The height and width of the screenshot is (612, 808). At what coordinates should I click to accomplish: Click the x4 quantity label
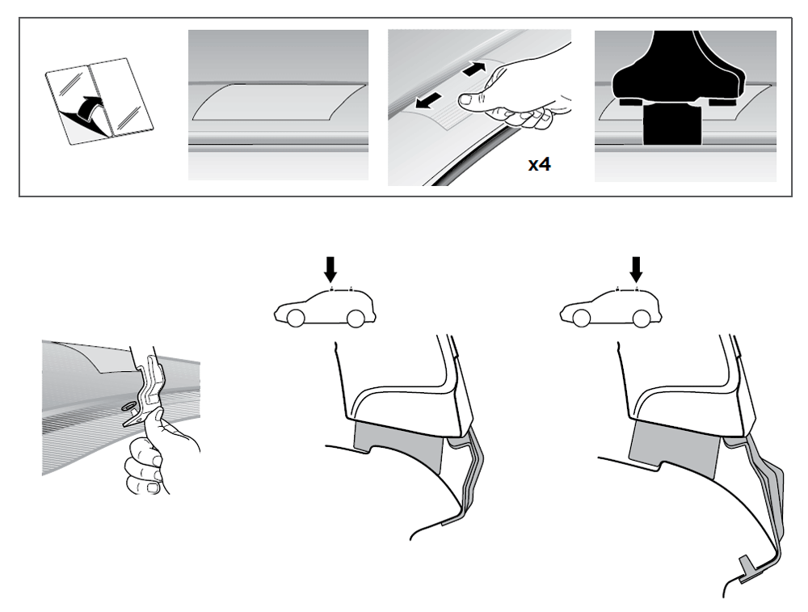539,164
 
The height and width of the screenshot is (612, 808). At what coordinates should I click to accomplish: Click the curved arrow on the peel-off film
88,108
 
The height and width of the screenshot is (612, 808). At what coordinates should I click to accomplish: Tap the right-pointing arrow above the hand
474,69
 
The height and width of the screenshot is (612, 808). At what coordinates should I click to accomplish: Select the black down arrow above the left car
330,270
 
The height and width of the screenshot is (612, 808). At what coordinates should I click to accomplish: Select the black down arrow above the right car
637,270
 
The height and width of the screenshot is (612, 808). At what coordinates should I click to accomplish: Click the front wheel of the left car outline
295,319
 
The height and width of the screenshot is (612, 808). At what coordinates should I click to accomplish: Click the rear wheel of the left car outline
356,319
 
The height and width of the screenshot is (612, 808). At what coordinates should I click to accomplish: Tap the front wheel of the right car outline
581,319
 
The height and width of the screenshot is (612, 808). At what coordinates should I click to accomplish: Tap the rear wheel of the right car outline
641,319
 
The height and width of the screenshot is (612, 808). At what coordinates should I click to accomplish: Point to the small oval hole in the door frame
127,407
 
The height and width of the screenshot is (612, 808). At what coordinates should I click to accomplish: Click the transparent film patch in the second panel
278,102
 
